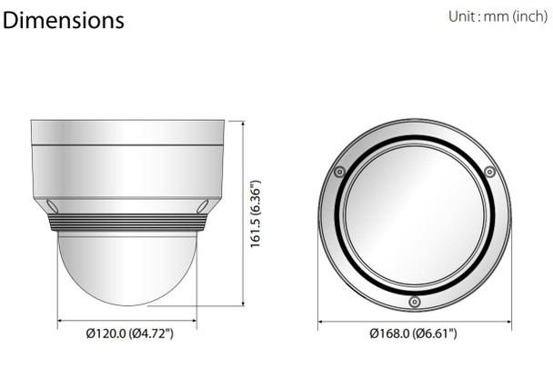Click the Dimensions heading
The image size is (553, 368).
[x=64, y=20]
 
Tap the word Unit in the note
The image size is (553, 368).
[x=463, y=16]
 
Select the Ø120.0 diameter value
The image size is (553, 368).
[x=106, y=333]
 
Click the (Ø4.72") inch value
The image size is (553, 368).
[x=151, y=333]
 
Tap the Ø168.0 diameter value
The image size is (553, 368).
[x=391, y=333]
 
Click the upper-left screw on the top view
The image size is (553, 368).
[x=338, y=171]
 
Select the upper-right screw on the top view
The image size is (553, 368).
[x=489, y=171]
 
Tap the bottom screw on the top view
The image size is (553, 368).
[x=414, y=300]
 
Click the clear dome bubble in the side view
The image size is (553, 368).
[x=126, y=268]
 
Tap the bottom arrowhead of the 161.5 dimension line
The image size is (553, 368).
[x=245, y=306]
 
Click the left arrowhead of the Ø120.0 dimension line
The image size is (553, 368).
[x=61, y=319]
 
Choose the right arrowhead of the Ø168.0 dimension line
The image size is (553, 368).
[x=508, y=319]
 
